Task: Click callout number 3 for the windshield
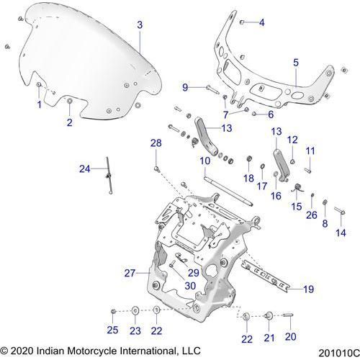coord(140,25)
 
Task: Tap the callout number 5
coord(296,63)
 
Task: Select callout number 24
coord(85,169)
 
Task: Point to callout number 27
coord(130,273)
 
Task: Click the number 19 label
coord(309,289)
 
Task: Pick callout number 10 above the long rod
coord(205,161)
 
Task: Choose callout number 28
coord(156,143)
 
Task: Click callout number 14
coord(341,233)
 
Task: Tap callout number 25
coord(112,330)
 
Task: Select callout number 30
coord(190,286)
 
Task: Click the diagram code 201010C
coord(339,353)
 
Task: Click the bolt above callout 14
coord(340,211)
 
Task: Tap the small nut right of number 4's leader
coord(242,22)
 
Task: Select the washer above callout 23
coord(135,311)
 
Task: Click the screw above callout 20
coord(288,315)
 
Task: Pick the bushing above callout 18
coord(250,158)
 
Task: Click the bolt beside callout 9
coord(212,90)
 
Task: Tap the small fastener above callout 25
coord(113,311)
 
